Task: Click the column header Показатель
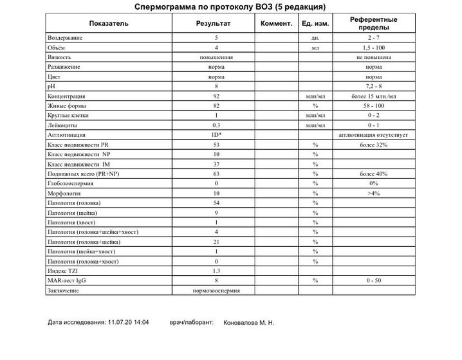tap(109, 24)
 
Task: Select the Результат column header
tap(216, 24)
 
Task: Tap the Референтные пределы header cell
tap(373, 24)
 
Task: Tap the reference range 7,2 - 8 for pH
tap(373, 85)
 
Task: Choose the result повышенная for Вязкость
tap(216, 57)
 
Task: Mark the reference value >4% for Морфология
tap(373, 193)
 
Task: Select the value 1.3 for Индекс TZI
tap(216, 271)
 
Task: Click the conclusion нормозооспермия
tap(216, 290)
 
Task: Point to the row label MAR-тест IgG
tap(67, 280)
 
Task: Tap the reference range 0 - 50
tap(373, 280)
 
